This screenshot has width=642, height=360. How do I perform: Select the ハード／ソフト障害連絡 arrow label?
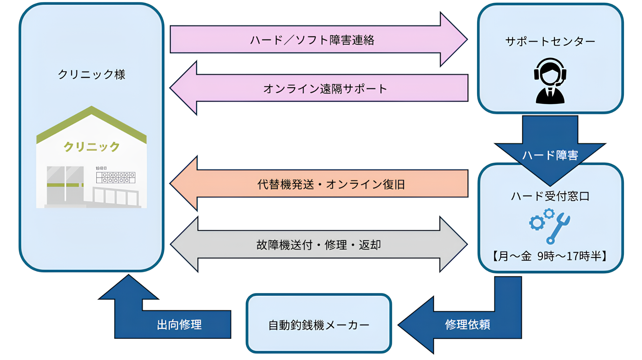[x=312, y=40]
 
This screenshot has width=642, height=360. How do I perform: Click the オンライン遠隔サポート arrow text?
[x=325, y=89]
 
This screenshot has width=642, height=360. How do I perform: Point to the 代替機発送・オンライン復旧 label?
[x=331, y=184]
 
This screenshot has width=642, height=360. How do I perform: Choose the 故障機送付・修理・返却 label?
[x=318, y=245]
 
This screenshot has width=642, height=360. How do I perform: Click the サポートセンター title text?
[x=550, y=41]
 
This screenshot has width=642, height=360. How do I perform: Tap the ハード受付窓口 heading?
[x=550, y=196]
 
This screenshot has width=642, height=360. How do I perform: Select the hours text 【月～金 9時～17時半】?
[x=550, y=256]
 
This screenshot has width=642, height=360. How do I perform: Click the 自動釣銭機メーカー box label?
[x=318, y=325]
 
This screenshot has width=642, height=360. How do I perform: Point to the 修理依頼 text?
[x=467, y=325]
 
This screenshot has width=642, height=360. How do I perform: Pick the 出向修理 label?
[x=179, y=325]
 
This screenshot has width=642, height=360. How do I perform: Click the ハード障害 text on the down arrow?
[x=550, y=155]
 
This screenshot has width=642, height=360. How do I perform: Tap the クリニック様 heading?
[x=91, y=75]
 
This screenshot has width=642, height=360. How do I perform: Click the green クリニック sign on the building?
[x=91, y=147]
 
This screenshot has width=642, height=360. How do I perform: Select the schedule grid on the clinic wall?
[x=116, y=178]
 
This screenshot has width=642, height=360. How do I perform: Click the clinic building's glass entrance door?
[x=65, y=185]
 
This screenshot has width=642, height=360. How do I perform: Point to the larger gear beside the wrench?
[x=537, y=223]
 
